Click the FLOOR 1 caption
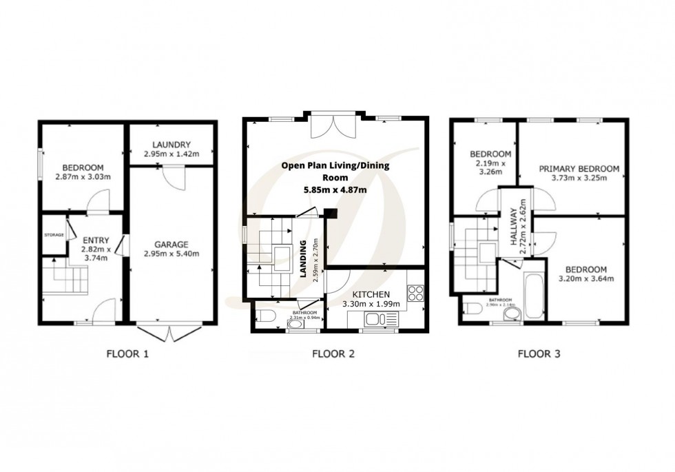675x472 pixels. tap(127, 355)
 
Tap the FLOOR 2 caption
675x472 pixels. tap(333, 355)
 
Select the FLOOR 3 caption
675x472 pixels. tap(539, 355)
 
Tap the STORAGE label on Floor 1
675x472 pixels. tap(54, 235)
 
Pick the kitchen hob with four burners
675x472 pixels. tap(415, 294)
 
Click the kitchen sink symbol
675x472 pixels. tap(376, 319)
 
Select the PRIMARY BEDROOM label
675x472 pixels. tap(579, 168)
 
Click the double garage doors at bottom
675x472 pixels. tap(167, 334)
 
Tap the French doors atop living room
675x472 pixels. tap(333, 126)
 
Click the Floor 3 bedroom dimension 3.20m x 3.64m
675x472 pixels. tap(585, 278)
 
